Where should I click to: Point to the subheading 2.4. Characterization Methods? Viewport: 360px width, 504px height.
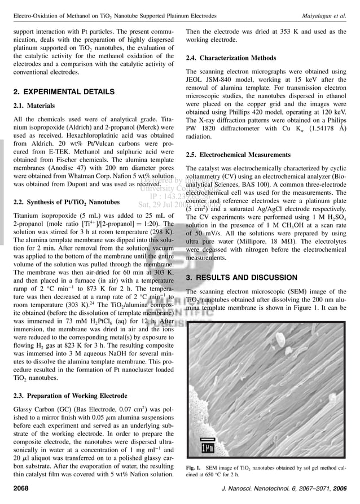tap(231, 58)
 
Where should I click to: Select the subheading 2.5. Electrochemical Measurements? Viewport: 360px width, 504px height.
tap(238, 155)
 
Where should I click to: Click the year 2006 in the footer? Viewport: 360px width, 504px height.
tap(340, 488)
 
